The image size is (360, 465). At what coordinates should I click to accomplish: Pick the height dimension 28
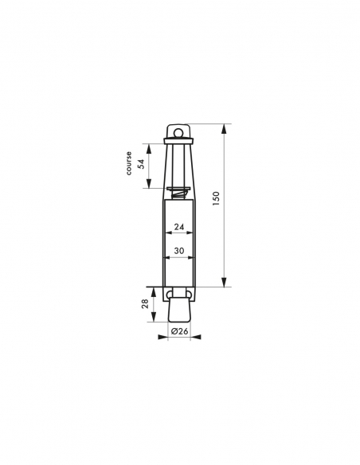(143, 303)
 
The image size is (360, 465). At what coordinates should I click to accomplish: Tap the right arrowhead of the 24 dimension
(190, 233)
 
